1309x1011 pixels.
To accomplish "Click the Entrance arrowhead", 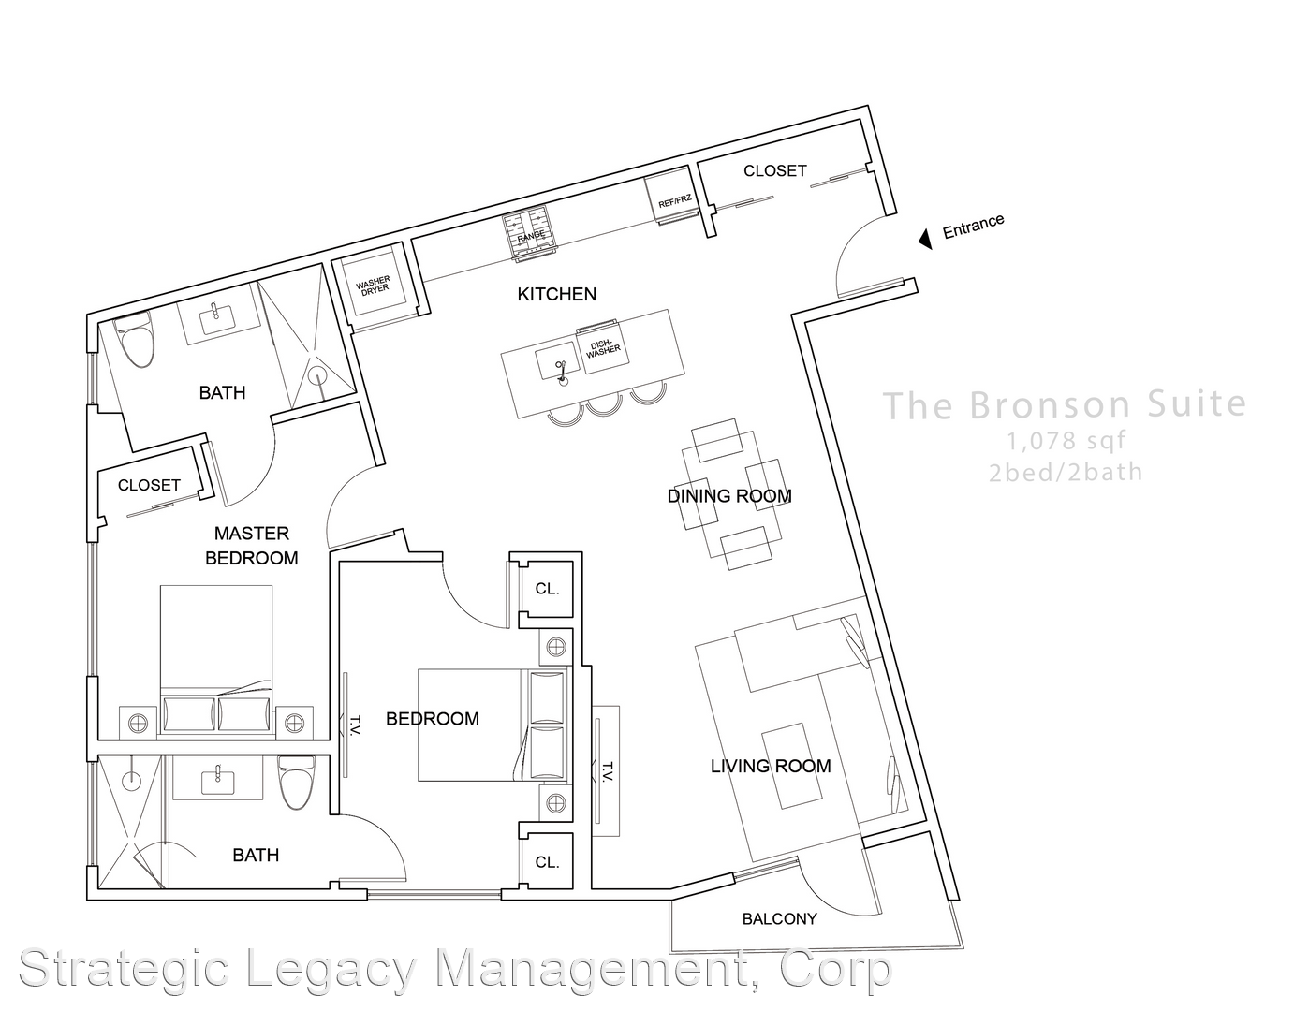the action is coord(926,239).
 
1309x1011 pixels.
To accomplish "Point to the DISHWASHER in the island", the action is coord(602,347).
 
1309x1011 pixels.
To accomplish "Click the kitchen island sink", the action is coord(559,361).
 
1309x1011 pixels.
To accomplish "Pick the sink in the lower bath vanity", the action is coord(218,782).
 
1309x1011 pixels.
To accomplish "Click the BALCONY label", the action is coord(779,919).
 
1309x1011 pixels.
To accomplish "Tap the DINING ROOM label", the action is coord(729,496).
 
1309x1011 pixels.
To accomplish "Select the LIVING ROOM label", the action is coord(771,766).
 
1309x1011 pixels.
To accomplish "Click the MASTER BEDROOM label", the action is coord(251,546).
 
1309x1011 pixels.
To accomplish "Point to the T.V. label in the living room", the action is coord(607,771).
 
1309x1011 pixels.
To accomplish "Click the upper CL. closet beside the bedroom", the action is coord(547,589).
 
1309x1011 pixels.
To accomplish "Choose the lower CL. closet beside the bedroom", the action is coord(547,861).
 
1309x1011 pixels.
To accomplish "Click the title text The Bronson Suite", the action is coord(1065,404).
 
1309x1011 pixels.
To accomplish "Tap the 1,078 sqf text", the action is coord(1066,441).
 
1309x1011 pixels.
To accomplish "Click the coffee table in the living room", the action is coord(792,766).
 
